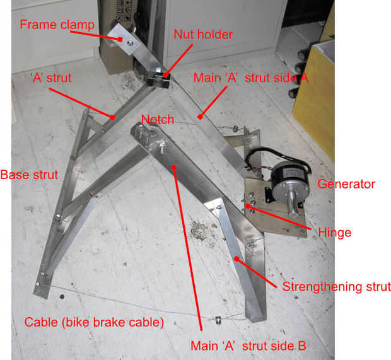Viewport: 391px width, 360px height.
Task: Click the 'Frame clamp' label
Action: (57, 25)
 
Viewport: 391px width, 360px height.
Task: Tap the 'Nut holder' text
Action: (203, 35)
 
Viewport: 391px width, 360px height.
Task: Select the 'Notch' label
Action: (158, 120)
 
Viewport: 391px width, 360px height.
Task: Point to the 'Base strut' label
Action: (29, 175)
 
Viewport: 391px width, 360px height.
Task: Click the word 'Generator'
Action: (346, 184)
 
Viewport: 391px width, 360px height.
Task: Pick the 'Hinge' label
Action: (335, 233)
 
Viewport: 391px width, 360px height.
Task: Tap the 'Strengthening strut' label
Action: (336, 287)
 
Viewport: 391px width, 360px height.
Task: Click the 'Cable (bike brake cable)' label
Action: (94, 322)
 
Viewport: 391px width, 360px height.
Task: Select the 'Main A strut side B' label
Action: (248, 346)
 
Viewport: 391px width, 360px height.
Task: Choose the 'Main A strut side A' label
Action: (251, 78)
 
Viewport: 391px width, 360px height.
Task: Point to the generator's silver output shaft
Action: (293, 204)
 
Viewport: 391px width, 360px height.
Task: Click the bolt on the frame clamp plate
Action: (130, 44)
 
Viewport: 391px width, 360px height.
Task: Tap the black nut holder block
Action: (158, 80)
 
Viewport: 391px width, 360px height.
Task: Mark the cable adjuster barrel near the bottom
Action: (218, 320)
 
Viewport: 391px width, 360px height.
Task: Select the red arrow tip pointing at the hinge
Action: (247, 206)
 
